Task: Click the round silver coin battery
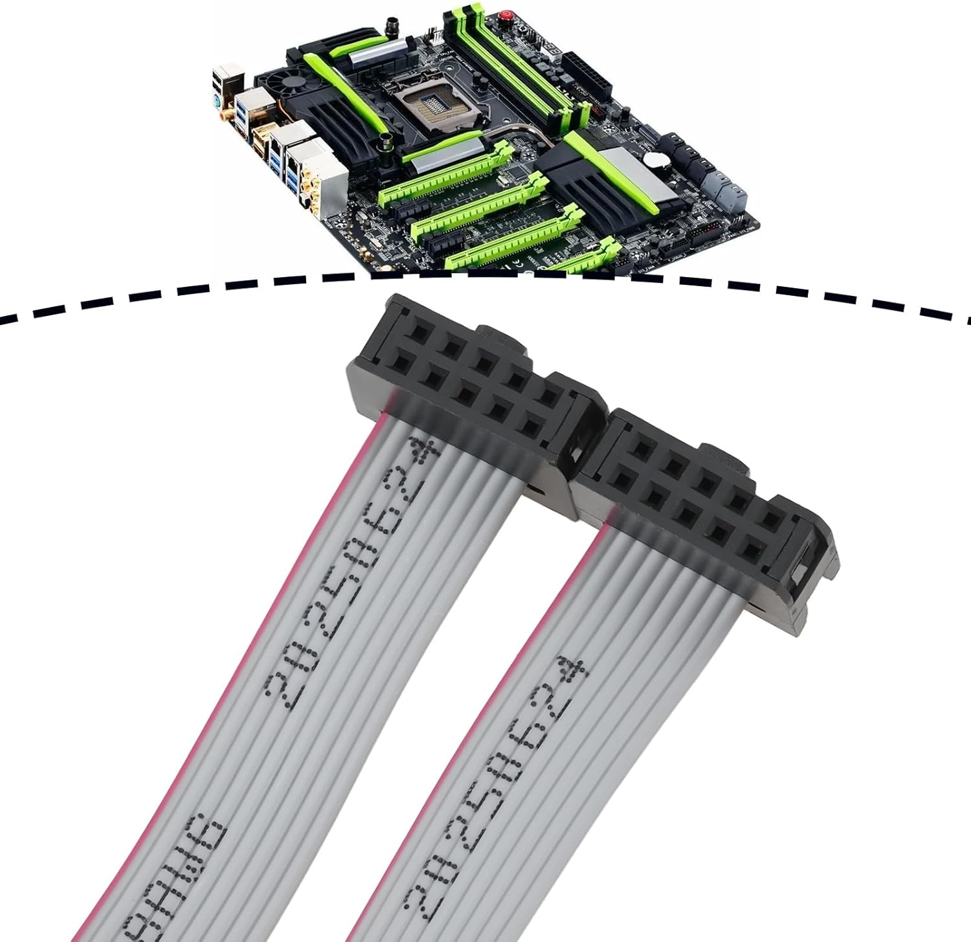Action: click(656, 158)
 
